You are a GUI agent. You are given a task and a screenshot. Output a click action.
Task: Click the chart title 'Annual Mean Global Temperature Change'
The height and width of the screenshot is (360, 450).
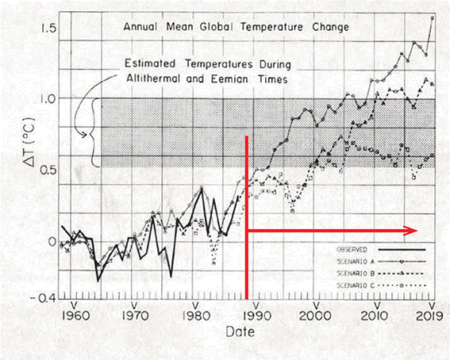[x=236, y=27]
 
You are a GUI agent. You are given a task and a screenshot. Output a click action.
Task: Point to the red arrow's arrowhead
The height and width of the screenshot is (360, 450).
[x=413, y=231]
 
